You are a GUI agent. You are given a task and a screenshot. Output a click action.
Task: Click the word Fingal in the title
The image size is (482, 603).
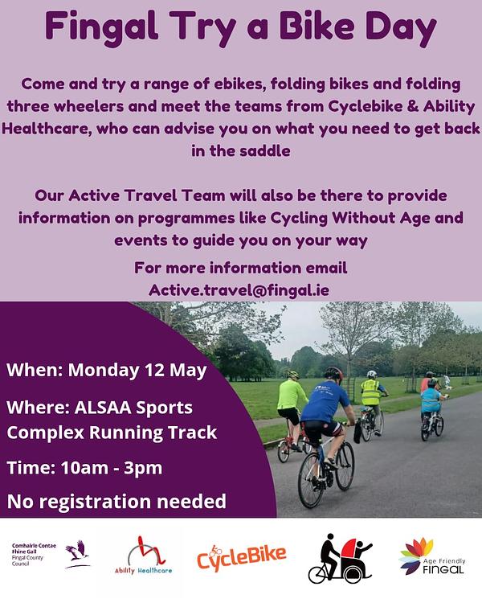[x=101, y=27]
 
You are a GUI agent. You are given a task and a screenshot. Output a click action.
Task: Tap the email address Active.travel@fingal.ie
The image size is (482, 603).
[x=239, y=290]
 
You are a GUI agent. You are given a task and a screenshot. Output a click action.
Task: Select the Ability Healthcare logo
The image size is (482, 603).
[x=143, y=556]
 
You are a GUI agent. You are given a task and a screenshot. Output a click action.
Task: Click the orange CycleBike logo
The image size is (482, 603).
[x=241, y=557]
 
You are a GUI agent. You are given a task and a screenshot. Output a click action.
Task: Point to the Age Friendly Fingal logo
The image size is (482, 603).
[x=432, y=556]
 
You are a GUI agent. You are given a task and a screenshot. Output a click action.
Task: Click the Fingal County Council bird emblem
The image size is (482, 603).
[x=78, y=554]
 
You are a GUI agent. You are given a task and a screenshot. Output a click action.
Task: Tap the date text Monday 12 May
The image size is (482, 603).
[x=137, y=370]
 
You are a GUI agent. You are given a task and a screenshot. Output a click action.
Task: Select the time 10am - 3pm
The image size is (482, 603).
[x=112, y=468]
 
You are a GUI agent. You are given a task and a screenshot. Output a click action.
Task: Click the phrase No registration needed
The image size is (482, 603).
[x=116, y=502]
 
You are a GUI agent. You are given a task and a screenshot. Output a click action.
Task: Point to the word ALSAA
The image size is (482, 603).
[x=103, y=408]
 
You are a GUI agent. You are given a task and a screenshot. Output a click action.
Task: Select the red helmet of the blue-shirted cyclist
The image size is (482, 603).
[x=333, y=373]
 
